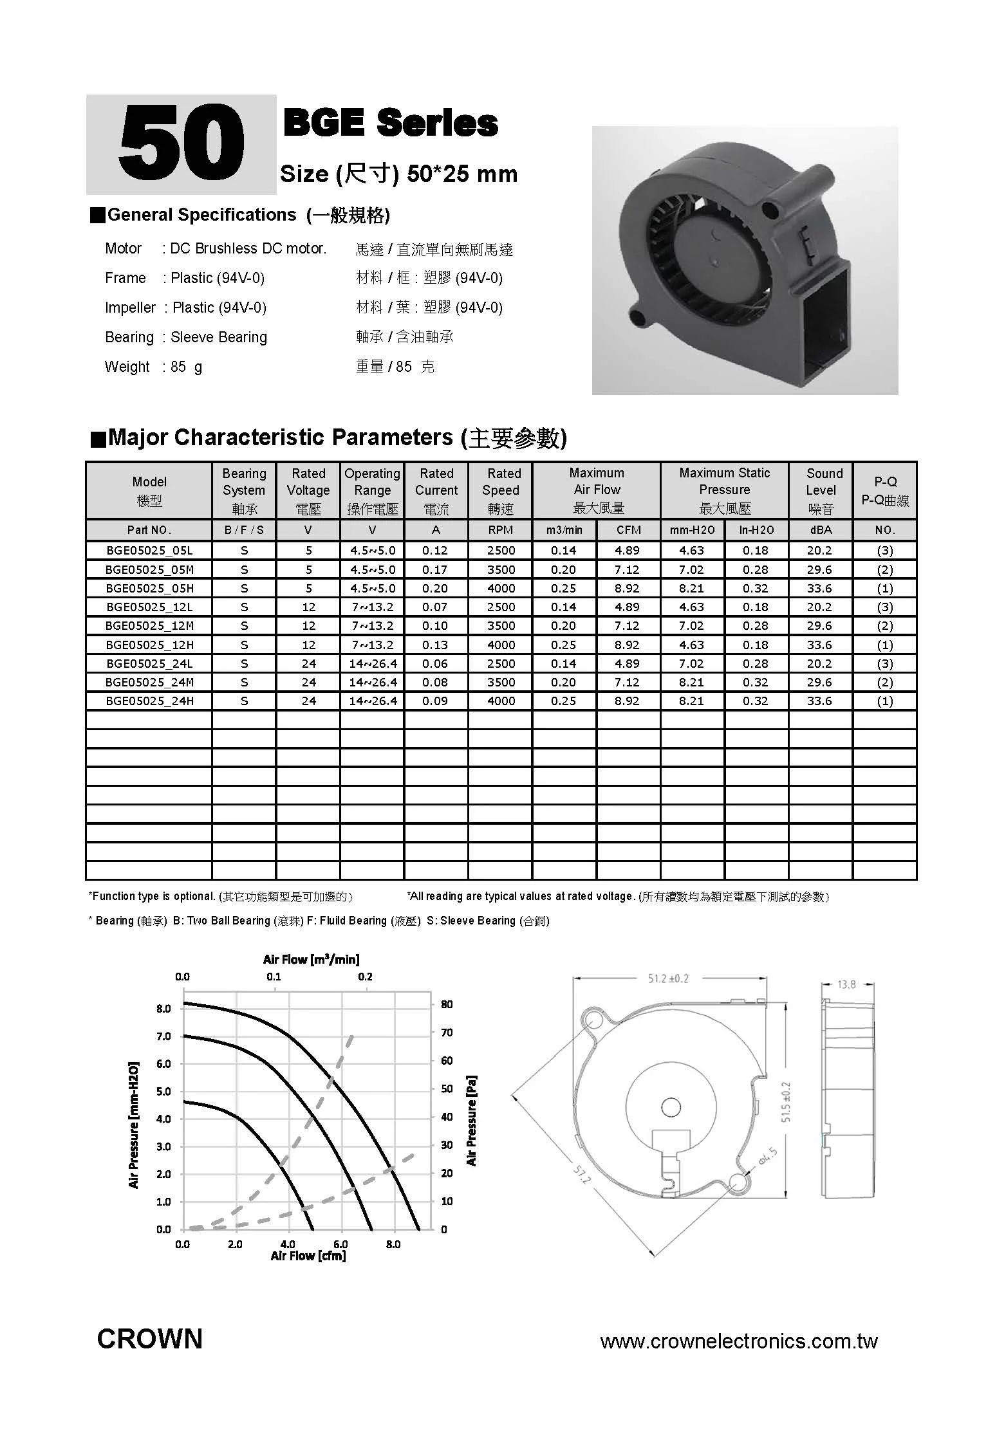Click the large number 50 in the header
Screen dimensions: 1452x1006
182,145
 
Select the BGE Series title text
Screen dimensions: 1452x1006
391,123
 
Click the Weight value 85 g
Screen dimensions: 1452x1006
186,367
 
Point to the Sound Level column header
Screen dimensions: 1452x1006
821,490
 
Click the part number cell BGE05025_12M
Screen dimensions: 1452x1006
149,625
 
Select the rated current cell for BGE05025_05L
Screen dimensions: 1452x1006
436,550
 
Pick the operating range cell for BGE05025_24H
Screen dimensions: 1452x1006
372,701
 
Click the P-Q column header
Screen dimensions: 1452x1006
885,490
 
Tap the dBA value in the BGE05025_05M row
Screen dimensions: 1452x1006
819,569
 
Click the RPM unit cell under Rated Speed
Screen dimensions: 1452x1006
500,530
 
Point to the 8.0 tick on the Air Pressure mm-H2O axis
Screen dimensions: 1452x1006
163,1008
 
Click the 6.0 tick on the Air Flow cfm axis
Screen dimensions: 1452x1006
340,1244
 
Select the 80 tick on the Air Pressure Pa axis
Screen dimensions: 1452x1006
447,1004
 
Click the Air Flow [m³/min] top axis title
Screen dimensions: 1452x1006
311,959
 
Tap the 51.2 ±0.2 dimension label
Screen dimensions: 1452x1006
668,979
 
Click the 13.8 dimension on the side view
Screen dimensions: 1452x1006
846,984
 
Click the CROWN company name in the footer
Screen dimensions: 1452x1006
149,1339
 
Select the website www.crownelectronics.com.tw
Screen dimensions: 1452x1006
738,1341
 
